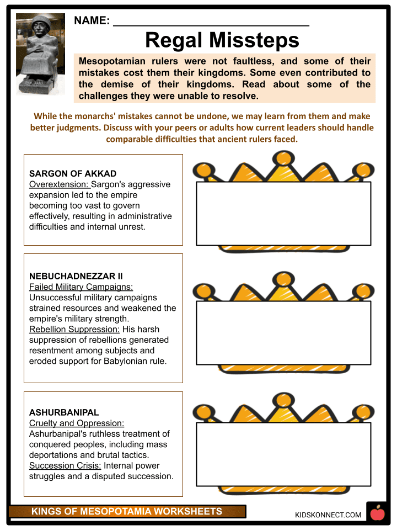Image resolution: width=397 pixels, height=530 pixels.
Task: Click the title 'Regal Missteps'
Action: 222,40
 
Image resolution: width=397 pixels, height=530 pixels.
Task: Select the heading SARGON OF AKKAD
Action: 73,174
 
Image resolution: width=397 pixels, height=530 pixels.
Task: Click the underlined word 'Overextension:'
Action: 59,184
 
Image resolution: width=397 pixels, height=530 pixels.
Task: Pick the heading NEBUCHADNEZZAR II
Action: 76,276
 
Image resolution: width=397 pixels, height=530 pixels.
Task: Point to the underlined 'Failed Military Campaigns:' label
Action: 81,287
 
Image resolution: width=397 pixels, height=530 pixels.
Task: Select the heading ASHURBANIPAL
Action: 64,412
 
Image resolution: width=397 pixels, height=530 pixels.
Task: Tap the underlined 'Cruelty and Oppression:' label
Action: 77,423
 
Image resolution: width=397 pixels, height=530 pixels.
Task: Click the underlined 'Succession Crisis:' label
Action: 65,465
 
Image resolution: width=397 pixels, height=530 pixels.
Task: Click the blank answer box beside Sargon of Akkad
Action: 283,213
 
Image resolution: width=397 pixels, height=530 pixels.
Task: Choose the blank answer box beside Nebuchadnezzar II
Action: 283,333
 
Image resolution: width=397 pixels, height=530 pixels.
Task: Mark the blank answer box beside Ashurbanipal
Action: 283,454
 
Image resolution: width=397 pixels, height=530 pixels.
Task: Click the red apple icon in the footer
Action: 378,514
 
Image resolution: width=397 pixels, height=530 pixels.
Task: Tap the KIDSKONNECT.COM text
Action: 329,515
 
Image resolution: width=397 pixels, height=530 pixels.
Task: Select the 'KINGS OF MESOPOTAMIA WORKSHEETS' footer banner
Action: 127,512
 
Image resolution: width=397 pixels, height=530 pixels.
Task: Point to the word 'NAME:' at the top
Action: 92,21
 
